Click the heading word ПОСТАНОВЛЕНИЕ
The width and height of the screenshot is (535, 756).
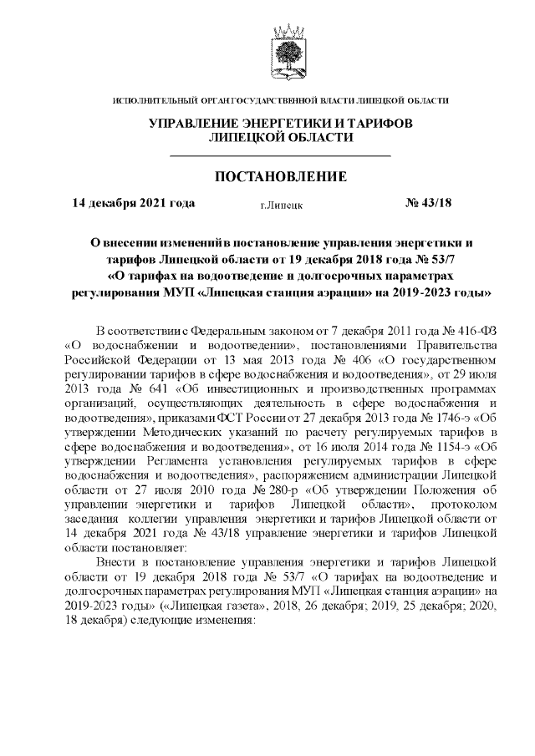point(281,177)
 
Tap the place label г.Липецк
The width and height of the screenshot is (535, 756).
point(282,204)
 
